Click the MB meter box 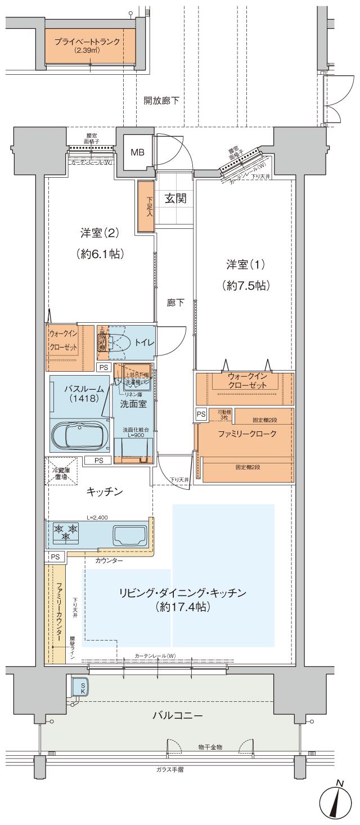pyautogui.click(x=137, y=152)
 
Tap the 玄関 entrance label pyautogui.click(x=175, y=199)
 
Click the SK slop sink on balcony pyautogui.click(x=79, y=688)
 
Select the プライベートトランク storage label pyautogui.click(x=91, y=43)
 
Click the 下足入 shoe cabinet pyautogui.click(x=146, y=206)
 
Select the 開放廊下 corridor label pyautogui.click(x=161, y=101)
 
